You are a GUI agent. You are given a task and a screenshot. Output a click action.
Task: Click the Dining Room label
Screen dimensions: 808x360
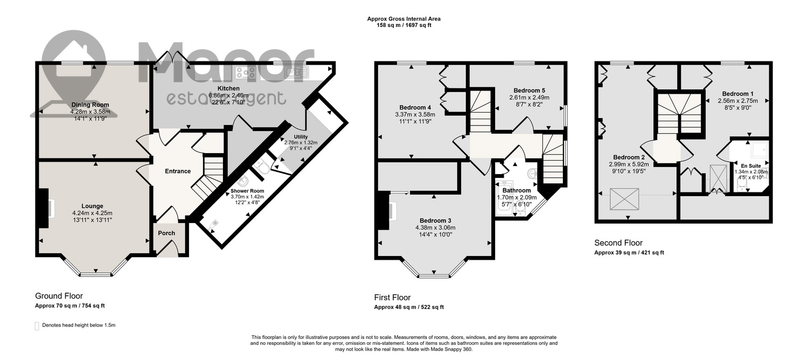90,105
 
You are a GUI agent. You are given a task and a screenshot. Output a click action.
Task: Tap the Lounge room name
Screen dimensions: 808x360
92,206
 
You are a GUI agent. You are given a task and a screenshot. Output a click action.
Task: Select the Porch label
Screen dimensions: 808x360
166,233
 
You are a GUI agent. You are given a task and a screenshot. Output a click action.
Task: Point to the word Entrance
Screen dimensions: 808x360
178,171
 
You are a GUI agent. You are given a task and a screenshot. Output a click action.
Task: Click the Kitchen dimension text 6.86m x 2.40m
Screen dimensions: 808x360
229,95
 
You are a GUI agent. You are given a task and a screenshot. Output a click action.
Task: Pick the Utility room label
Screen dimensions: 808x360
301,137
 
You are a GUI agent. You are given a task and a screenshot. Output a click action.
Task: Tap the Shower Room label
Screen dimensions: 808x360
247,191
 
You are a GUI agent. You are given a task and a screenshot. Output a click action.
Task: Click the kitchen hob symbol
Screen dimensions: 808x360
245,73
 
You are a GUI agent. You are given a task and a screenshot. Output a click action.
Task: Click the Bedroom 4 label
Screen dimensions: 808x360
415,107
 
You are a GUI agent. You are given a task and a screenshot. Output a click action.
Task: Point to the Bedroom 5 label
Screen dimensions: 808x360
530,91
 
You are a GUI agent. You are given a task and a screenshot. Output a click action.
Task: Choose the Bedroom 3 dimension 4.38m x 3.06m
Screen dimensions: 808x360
435,227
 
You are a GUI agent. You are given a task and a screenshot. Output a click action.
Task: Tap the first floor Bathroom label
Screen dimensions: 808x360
517,190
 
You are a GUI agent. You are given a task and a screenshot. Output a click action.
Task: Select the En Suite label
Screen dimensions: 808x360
751,166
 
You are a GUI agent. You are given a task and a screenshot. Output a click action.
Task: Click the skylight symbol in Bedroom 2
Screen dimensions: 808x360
624,199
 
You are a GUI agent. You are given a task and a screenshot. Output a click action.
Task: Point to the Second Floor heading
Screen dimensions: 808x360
618,243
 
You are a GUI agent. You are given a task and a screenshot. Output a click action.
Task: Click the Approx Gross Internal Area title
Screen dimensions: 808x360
403,19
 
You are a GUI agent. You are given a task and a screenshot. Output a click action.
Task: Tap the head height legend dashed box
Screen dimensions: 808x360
37,326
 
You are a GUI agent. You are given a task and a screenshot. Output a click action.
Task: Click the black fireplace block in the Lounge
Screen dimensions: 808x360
44,208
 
